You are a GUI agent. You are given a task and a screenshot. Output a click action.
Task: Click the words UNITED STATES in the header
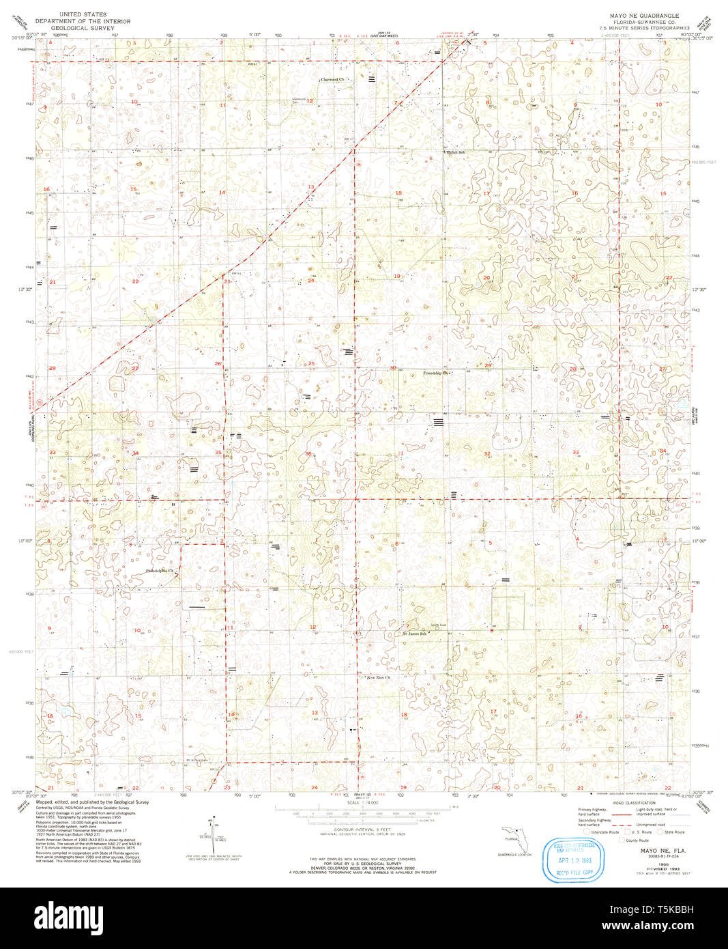click(83, 14)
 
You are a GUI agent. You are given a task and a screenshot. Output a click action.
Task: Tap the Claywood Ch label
click(335, 79)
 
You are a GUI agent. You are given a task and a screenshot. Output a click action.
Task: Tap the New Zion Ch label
click(379, 678)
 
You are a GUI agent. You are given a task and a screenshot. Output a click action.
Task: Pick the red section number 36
click(308, 454)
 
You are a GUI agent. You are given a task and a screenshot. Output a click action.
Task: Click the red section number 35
click(218, 453)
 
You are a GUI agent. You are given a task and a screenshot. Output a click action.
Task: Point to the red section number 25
click(311, 363)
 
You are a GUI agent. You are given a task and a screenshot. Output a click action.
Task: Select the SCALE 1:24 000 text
click(359, 802)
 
